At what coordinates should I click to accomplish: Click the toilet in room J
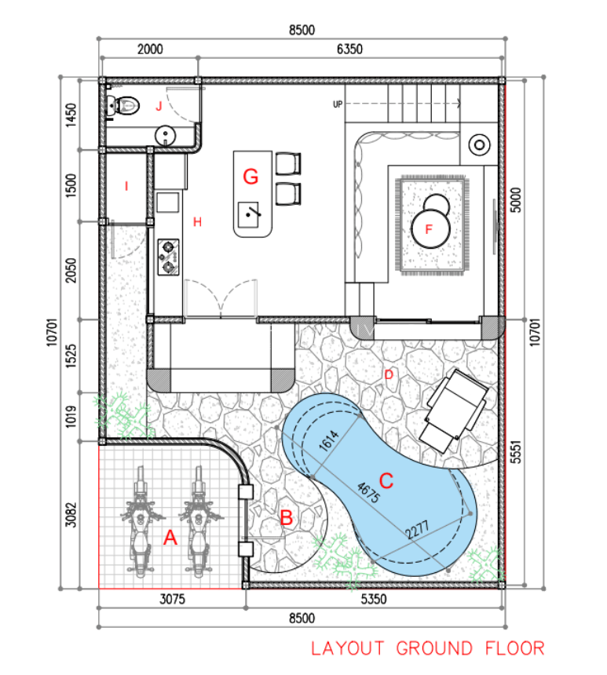[123, 105]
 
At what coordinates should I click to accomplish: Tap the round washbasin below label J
[166, 136]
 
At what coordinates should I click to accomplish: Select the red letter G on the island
[250, 177]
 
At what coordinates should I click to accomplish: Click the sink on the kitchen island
[249, 214]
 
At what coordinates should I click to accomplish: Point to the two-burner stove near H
[169, 257]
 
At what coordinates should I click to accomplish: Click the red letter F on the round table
[429, 229]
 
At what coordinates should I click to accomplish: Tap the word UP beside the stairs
[338, 104]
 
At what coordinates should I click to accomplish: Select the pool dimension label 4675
[369, 492]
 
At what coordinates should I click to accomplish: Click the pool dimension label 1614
[329, 440]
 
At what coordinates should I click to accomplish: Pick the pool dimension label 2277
[418, 530]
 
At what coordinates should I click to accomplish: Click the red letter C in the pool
[386, 481]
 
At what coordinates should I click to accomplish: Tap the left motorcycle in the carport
[140, 521]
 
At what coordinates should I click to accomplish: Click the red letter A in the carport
[170, 538]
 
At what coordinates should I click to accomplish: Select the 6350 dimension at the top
[349, 49]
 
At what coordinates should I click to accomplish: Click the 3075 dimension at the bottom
[172, 599]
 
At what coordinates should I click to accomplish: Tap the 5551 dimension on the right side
[516, 451]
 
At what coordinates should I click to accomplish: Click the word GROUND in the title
[433, 648]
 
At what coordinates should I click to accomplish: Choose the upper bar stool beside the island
[287, 163]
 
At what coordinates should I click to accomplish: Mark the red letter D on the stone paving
[389, 375]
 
